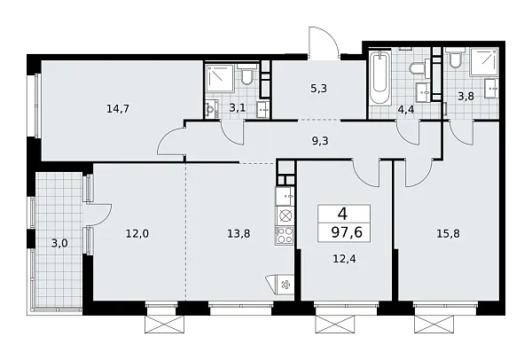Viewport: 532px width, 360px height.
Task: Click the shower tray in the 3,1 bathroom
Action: coord(219,79)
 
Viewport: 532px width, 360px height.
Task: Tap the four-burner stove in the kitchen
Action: coord(286,235)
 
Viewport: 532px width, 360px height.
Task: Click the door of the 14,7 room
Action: coord(170,140)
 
